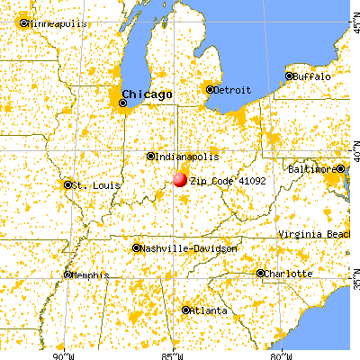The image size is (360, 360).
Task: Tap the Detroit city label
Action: [231, 88]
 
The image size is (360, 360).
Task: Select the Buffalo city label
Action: [310, 76]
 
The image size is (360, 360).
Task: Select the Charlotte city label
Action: [287, 273]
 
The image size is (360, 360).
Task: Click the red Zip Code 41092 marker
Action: [179, 179]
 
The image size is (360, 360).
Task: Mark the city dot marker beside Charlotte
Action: [261, 273]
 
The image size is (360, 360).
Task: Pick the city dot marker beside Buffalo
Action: [290, 76]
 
